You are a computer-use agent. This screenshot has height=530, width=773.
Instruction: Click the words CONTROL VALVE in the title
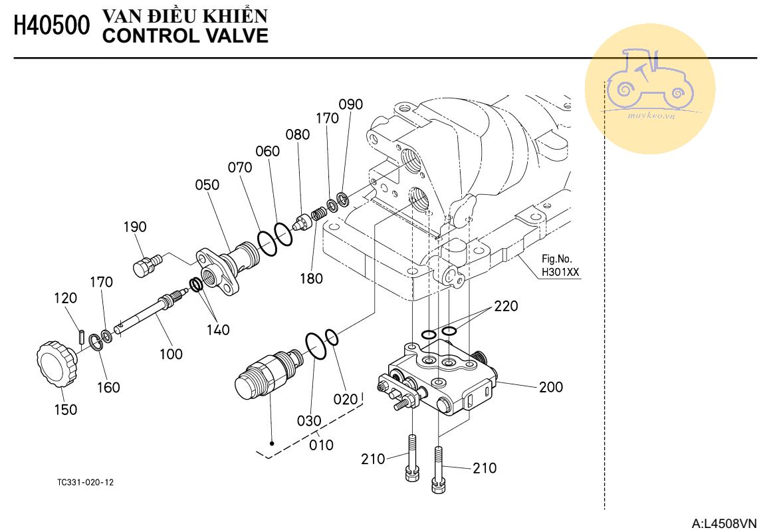pyautogui.click(x=185, y=36)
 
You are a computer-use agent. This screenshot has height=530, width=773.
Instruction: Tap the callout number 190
pyautogui.click(x=134, y=227)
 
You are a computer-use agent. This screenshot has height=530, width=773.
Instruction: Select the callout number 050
pyautogui.click(x=207, y=185)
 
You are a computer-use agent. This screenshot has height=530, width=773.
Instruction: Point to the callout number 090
pyautogui.click(x=350, y=104)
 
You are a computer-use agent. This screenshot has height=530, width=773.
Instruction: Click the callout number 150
pyautogui.click(x=66, y=410)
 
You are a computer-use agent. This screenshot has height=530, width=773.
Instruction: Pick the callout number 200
pyautogui.click(x=550, y=387)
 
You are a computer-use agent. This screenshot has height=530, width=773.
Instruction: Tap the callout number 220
pyautogui.click(x=506, y=306)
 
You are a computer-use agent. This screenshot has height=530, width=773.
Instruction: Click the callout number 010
pyautogui.click(x=322, y=445)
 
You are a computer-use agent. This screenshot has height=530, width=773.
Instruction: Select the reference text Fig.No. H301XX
pyautogui.click(x=560, y=265)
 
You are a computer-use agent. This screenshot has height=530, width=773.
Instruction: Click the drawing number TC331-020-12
pyautogui.click(x=85, y=482)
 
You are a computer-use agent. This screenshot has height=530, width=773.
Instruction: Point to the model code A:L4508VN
pyautogui.click(x=724, y=523)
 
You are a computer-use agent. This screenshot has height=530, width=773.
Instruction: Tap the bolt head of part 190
pyautogui.click(x=142, y=268)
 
